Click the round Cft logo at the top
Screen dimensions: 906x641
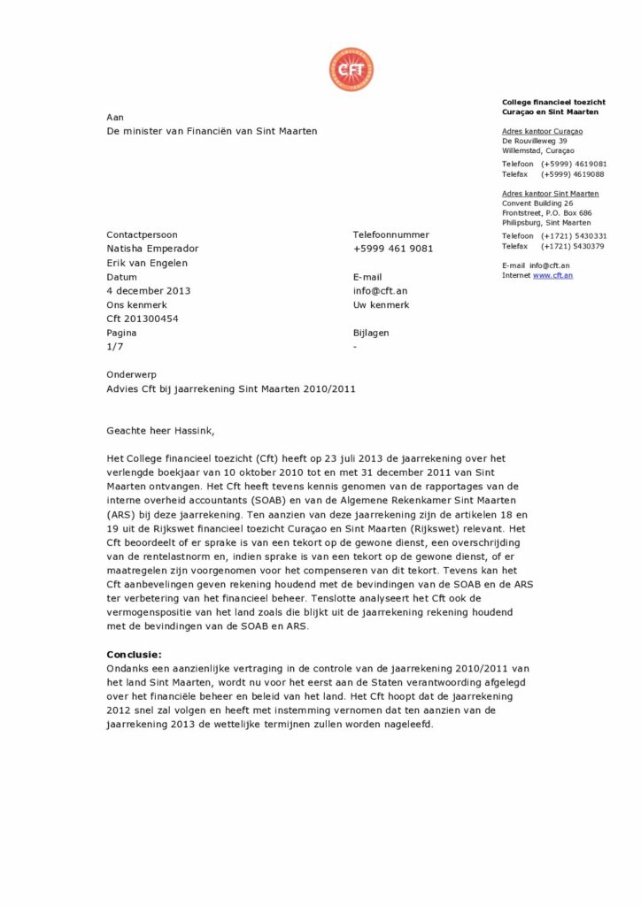(x=351, y=70)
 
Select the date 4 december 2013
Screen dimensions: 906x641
(x=148, y=290)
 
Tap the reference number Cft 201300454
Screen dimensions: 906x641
(x=142, y=319)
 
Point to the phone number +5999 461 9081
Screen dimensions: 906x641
(x=392, y=249)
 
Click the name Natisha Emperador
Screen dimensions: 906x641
(x=152, y=249)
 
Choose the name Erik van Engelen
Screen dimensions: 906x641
(x=147, y=263)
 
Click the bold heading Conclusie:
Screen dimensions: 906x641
(x=134, y=654)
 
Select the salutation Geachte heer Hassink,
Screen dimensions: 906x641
(x=160, y=431)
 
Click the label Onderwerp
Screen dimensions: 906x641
(x=131, y=374)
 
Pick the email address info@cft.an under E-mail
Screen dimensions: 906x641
(x=380, y=290)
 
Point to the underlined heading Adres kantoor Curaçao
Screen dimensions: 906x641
(x=542, y=131)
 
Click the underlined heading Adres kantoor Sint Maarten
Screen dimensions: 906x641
(x=550, y=194)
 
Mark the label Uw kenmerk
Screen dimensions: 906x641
(x=381, y=304)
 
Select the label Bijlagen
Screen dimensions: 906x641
(x=371, y=333)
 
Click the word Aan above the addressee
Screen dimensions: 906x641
(x=115, y=117)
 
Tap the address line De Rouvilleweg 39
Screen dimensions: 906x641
(x=535, y=141)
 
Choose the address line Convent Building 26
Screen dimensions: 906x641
(x=537, y=203)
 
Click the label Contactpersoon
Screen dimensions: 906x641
(x=142, y=234)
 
